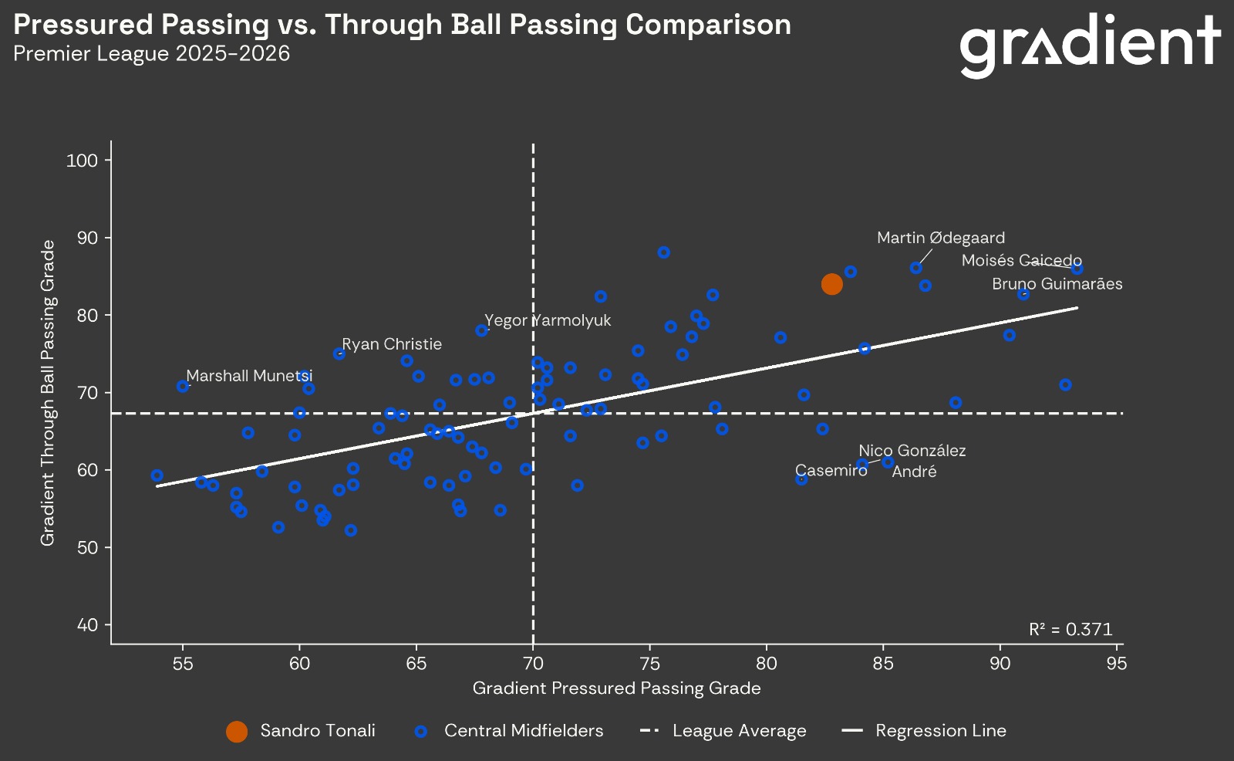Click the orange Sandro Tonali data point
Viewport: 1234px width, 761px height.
point(831,284)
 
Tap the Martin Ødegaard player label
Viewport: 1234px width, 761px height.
point(941,238)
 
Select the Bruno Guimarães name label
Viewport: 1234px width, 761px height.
point(1057,284)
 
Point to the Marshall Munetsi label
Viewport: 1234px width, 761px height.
point(249,376)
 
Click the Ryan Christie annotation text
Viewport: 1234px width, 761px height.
point(392,344)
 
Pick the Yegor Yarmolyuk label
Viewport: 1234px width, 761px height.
point(548,320)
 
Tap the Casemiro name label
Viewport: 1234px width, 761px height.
point(831,471)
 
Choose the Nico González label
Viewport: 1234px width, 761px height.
point(912,451)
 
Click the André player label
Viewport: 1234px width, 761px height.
point(914,472)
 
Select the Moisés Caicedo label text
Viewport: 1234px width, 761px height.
point(1021,261)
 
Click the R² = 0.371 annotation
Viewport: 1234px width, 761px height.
point(1070,629)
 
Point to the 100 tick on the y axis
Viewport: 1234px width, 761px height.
point(83,161)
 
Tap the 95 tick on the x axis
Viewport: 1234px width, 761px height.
point(1116,664)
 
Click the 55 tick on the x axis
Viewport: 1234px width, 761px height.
point(183,664)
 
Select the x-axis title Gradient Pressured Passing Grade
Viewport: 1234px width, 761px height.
point(616,688)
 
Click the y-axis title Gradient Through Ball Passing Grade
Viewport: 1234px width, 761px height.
point(48,392)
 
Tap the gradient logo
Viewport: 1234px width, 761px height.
point(1090,45)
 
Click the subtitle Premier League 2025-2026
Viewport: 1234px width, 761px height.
point(151,53)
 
